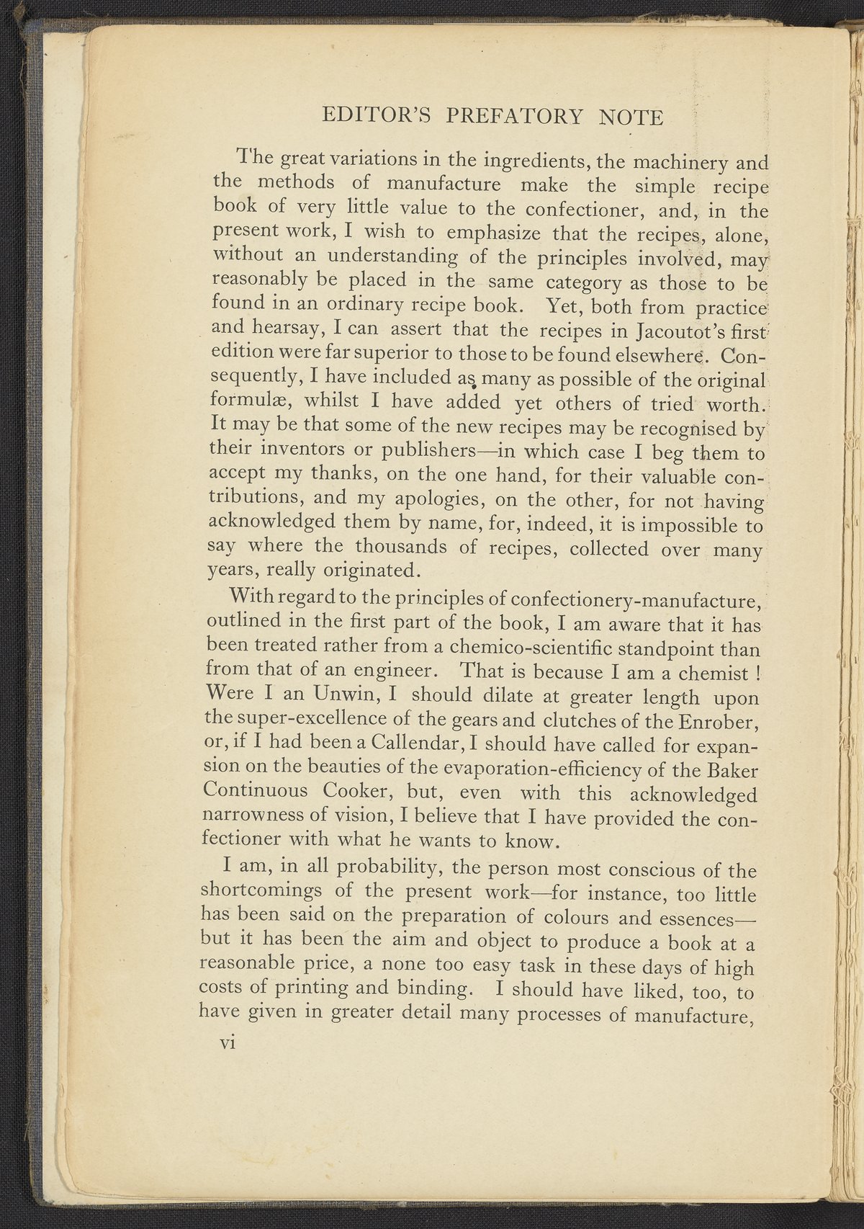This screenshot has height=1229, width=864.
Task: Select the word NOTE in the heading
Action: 631,116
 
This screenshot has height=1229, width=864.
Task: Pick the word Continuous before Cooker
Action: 256,792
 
